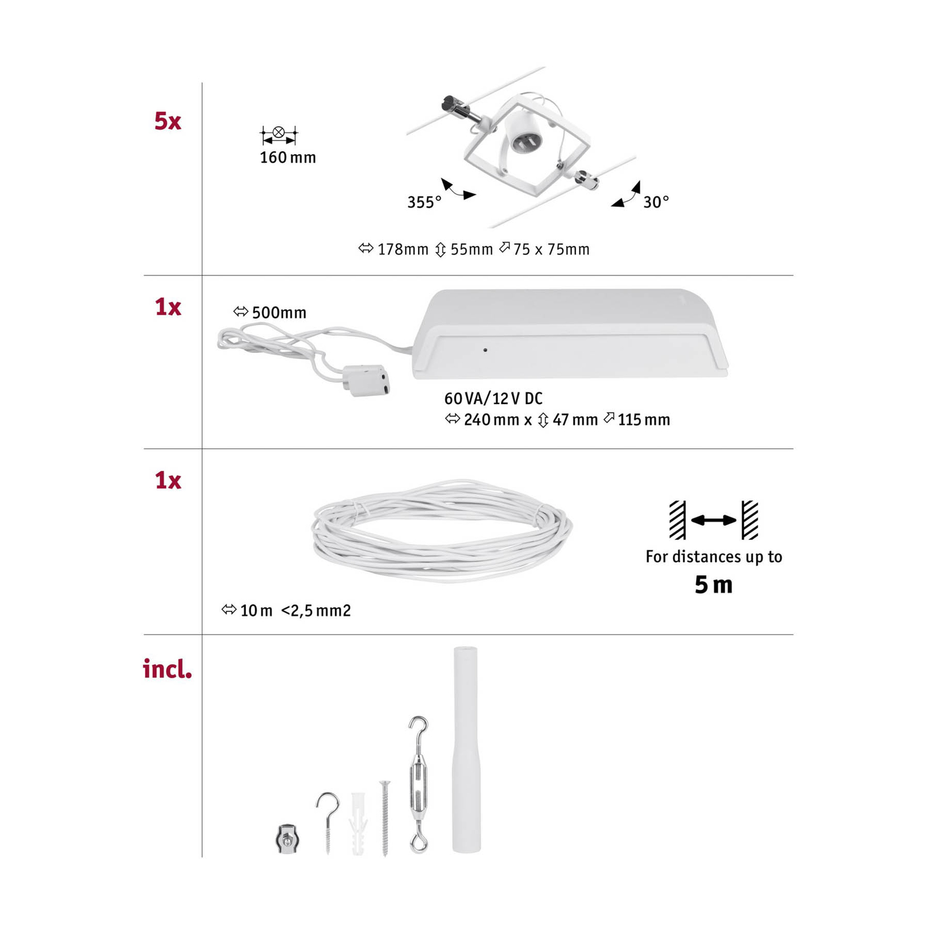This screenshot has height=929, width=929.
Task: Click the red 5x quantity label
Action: (168, 121)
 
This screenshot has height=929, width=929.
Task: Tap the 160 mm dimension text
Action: (287, 157)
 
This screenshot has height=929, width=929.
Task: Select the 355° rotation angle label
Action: (424, 202)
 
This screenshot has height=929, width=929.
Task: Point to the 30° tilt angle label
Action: (656, 201)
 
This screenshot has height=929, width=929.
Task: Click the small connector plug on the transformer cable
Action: (366, 380)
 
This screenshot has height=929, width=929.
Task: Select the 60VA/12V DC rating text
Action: (493, 398)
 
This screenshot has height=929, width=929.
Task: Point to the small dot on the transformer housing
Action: (485, 350)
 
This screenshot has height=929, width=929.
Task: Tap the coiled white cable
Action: (442, 530)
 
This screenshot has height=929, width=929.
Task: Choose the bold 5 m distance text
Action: (714, 585)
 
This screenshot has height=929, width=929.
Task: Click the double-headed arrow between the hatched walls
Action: (714, 520)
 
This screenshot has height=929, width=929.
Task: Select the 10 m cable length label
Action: (256, 610)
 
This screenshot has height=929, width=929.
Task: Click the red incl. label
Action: (167, 669)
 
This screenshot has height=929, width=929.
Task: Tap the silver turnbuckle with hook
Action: (418, 784)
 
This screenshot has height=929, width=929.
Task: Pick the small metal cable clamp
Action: (286, 838)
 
